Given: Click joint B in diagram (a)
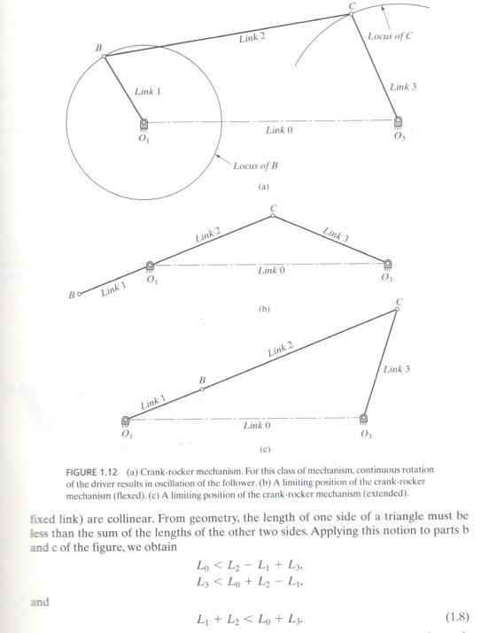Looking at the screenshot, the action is tap(104, 56).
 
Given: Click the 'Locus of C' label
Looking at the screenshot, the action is tap(392, 39).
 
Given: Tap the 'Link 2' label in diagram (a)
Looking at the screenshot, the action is tap(252, 38).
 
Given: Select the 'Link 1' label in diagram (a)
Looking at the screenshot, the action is tap(149, 90).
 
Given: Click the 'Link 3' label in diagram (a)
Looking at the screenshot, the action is tap(406, 86).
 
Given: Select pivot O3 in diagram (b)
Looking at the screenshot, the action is tap(388, 263).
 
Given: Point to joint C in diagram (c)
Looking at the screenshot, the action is tap(398, 309).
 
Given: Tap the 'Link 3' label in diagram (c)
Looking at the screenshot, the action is tap(395, 367).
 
